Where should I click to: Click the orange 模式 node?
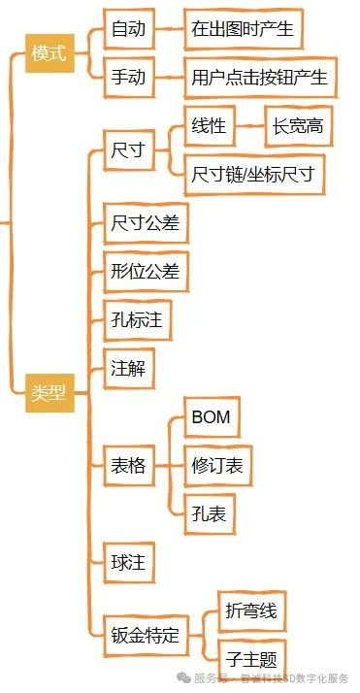coord(49,53)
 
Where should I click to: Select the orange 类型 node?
coord(49,393)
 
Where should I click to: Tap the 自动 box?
coord(129,30)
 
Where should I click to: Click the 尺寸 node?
coord(129,150)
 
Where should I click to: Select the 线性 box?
coord(210,126)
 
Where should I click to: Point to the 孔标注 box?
coord(137,320)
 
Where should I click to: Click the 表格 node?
coord(129,466)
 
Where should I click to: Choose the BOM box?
coord(211,418)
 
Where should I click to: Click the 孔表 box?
coord(210,514)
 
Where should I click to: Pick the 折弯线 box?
coord(250,611)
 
